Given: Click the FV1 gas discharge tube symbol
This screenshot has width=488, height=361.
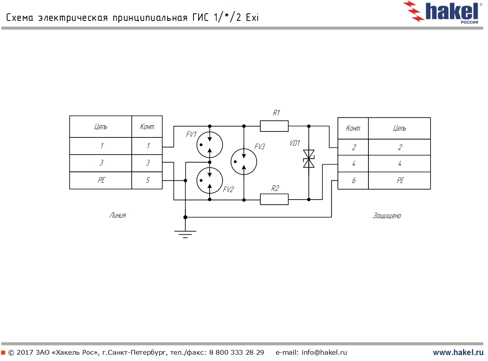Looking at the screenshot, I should pyautogui.click(x=210, y=144).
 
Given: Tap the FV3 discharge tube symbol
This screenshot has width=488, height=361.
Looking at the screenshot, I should pyautogui.click(x=244, y=161).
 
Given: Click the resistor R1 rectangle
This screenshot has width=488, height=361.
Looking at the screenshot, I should pyautogui.click(x=274, y=126).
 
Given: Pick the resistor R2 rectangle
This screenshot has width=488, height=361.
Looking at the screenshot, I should pyautogui.click(x=274, y=200).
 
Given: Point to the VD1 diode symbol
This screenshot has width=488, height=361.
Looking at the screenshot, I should pyautogui.click(x=309, y=159).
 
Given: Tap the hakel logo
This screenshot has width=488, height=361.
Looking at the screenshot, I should pyautogui.click(x=444, y=12).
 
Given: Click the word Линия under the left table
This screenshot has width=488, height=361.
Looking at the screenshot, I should pyautogui.click(x=118, y=215).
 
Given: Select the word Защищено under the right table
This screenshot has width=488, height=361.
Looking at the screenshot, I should pyautogui.click(x=387, y=216).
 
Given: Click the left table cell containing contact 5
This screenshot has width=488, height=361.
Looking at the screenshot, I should pyautogui.click(x=147, y=180).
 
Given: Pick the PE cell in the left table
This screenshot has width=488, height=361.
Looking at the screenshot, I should pyautogui.click(x=101, y=180).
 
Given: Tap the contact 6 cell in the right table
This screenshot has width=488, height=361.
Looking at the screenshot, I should pyautogui.click(x=353, y=181).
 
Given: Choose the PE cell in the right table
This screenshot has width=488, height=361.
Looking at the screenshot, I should pyautogui.click(x=400, y=181).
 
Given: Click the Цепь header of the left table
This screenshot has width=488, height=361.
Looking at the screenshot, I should pyautogui.click(x=101, y=127).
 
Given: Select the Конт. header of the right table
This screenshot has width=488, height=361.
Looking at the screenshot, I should pyautogui.click(x=353, y=128).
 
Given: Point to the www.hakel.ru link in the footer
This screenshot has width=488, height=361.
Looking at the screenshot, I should pyautogui.click(x=458, y=352).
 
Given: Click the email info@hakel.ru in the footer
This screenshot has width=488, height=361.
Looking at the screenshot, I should pyautogui.click(x=324, y=352).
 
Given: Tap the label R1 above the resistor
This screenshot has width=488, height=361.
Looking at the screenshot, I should pyautogui.click(x=276, y=113).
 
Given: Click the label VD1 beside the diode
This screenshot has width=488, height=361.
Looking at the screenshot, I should pyautogui.click(x=295, y=143).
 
